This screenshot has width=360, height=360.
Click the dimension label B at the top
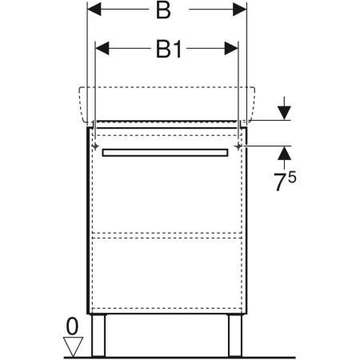(163, 10)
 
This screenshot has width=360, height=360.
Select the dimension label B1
(169, 50)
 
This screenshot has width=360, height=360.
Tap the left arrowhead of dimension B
(94, 10)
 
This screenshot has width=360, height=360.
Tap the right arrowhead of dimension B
(240, 10)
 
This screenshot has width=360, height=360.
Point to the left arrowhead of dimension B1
(102, 48)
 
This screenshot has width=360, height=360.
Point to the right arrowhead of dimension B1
(231, 48)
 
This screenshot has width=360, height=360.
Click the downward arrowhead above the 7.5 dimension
(284, 113)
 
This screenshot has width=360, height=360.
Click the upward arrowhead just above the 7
(284, 153)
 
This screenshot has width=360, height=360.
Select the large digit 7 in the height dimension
(280, 182)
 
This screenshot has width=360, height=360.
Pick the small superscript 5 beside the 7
(292, 178)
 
